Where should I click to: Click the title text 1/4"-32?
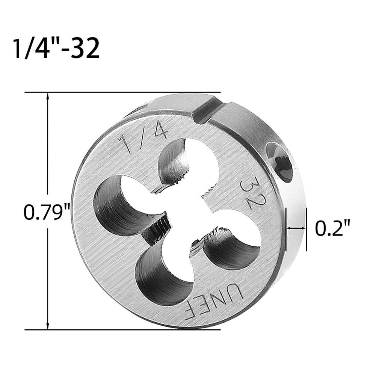tap(56, 48)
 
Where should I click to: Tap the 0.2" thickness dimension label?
tap(332, 229)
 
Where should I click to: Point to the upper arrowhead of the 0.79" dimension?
tap(48, 97)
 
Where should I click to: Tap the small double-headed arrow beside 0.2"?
tap(296, 228)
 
